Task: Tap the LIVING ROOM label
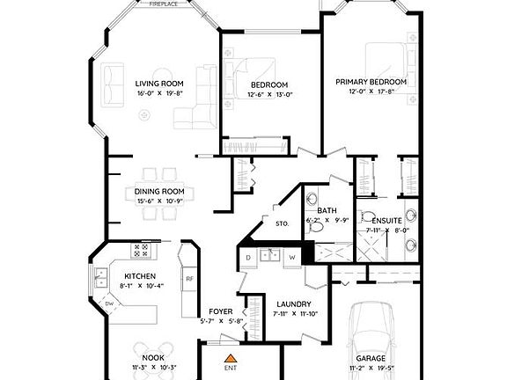click(x=159, y=84)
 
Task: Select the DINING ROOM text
click(x=159, y=191)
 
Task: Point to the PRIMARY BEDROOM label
click(x=371, y=81)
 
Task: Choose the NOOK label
click(x=154, y=356)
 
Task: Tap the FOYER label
click(x=220, y=311)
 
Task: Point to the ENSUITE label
click(x=386, y=220)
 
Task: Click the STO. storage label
click(x=282, y=224)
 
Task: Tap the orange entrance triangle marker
click(x=230, y=359)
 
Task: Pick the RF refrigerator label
click(x=188, y=279)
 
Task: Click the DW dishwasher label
click(x=109, y=304)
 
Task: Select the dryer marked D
click(x=248, y=257)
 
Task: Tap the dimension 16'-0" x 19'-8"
click(x=159, y=93)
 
